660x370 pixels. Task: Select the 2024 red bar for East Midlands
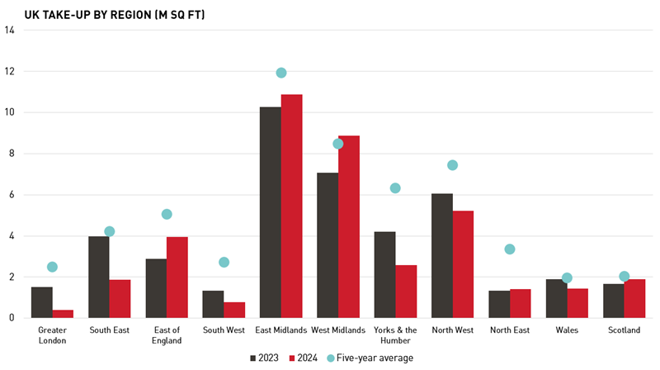point(292,206)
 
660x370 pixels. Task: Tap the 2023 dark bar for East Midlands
point(271,212)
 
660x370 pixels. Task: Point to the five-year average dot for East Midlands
point(281,73)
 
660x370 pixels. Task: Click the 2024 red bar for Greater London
point(64,314)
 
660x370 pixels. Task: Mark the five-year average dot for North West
point(452,165)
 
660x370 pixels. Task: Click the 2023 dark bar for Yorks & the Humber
point(384,275)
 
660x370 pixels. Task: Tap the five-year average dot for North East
point(510,249)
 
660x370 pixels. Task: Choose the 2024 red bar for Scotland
point(635,298)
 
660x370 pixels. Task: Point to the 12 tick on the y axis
point(10,72)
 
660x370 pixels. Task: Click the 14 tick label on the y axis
point(10,31)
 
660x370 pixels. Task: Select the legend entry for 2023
point(264,358)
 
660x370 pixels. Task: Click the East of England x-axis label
point(167,334)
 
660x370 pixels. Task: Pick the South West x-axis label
point(224,330)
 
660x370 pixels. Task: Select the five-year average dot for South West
point(224,263)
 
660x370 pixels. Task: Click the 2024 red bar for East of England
point(177,277)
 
